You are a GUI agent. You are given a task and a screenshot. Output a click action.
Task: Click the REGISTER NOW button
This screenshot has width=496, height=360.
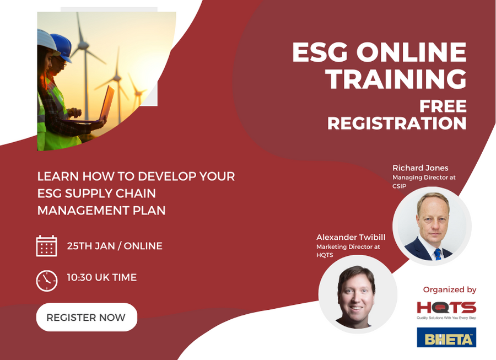coord(87,317)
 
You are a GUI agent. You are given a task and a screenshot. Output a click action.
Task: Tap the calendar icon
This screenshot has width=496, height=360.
coord(46,246)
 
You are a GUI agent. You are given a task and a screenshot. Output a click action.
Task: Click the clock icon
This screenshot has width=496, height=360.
coord(47,281)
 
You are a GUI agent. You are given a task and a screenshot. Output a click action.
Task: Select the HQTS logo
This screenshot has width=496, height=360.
coord(446,310)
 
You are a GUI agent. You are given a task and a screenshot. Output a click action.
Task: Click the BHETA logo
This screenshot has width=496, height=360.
coord(446,337)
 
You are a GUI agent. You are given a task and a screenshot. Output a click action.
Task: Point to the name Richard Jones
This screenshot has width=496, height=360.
coord(420,168)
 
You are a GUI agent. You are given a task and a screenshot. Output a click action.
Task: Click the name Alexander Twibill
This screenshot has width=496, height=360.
coord(351,237)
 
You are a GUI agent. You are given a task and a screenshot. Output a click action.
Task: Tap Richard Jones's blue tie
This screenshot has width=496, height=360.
coord(438,254)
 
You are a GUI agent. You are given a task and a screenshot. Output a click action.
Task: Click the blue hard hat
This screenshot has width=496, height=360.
coord(62,47)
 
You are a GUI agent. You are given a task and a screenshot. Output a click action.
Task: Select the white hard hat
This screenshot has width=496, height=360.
coord(47,41)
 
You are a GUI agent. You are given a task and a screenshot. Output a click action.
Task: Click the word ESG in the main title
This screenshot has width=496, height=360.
coord(320,52)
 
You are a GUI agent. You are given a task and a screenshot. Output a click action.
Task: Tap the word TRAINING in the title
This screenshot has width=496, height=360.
coord(396,79)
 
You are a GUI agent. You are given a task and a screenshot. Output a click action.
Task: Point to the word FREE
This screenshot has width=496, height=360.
coord(443,106)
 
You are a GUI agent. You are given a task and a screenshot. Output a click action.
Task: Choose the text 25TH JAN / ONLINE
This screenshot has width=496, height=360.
coord(115,246)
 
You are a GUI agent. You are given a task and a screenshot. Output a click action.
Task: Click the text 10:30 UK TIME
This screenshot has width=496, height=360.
coord(102,277)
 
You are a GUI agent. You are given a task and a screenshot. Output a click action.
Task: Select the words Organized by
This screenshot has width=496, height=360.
coord(450,290)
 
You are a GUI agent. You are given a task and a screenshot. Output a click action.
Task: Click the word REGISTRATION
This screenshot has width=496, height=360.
coord(397,123)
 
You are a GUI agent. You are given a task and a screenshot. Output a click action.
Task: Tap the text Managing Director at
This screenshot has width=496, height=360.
coord(424,178)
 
